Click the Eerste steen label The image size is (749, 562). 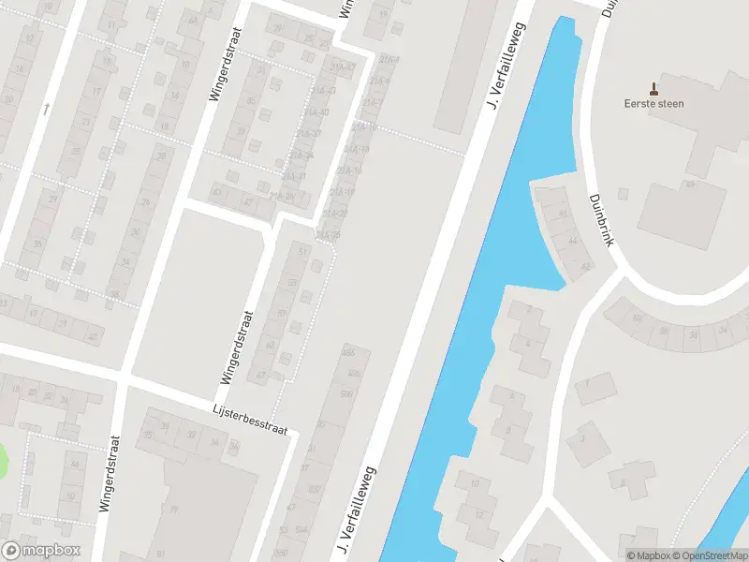[x=654, y=103]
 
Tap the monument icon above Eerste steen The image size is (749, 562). [x=654, y=90]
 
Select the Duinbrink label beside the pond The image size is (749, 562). [x=600, y=219]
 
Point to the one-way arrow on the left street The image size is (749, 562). [x=45, y=110]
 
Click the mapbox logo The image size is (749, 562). [x=41, y=550]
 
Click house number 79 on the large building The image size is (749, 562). [x=173, y=510]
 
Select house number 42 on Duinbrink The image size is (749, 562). [x=586, y=268]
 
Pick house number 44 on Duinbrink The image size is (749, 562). [x=572, y=241]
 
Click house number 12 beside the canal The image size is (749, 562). [x=479, y=514]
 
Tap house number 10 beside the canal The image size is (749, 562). [x=476, y=483]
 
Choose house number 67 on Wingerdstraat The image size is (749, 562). [x=262, y=375]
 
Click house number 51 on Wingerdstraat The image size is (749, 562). [x=301, y=252]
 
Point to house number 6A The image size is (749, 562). [x=192, y=20]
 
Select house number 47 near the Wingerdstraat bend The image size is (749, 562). [x=248, y=200]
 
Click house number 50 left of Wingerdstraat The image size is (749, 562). [x=70, y=496]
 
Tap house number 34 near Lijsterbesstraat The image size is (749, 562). [x=233, y=446]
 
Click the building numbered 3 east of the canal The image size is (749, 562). [x=582, y=436]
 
